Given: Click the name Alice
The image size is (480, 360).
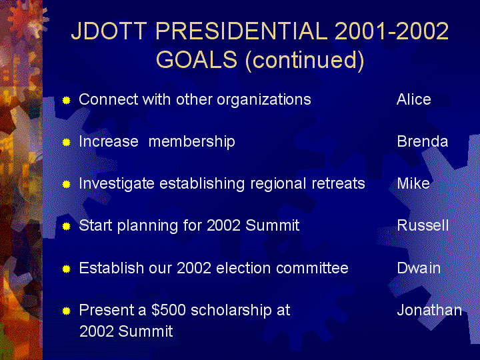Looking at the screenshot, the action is (x=413, y=99).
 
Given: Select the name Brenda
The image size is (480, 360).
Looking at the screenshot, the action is (x=423, y=141).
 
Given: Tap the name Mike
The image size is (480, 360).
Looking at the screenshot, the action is (x=413, y=183).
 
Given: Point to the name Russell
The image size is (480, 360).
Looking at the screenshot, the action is (x=423, y=225).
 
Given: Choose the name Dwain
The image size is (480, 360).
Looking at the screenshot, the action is (x=419, y=268).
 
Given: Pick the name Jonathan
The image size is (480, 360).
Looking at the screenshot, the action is (x=429, y=310).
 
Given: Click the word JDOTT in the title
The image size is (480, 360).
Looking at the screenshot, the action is (x=109, y=31).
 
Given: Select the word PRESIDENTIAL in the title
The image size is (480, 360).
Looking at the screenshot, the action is (x=241, y=31).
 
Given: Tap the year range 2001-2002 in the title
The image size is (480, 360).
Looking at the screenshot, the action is (x=392, y=31).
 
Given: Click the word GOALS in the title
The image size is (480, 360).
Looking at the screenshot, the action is (x=197, y=59).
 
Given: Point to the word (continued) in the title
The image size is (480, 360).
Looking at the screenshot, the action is (x=305, y=60).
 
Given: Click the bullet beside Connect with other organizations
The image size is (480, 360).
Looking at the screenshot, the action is (x=67, y=100).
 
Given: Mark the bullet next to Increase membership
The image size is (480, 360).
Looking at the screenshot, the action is (x=67, y=143).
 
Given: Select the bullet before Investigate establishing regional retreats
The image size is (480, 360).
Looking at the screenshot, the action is (x=67, y=184).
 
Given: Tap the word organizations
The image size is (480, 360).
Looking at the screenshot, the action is (x=264, y=100).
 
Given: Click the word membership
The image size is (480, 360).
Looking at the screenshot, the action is (x=191, y=142).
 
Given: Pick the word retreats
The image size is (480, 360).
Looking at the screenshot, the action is (x=338, y=184).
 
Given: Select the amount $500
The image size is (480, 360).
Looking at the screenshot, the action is (x=169, y=310).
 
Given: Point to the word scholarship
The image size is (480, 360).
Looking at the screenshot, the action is (x=231, y=311).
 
